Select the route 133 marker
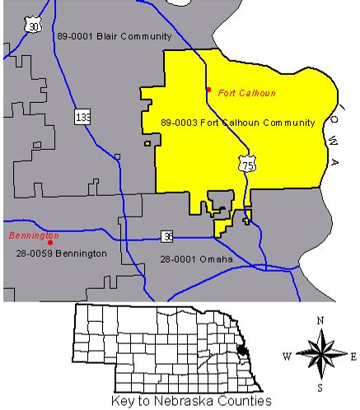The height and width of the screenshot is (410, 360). coord(83,117)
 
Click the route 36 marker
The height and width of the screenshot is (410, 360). coord(167,237)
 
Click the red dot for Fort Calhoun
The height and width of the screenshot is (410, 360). coord(208,89)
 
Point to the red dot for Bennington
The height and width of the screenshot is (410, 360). coord(50,243)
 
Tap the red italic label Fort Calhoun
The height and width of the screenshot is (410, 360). coord(247,93)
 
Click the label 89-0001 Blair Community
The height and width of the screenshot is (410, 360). coord(115,37)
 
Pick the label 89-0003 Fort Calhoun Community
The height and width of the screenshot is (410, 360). coord(239,123)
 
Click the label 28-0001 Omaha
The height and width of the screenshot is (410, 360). coord(196,259)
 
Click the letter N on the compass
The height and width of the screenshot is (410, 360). coord(320,320)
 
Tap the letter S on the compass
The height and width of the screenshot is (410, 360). coord(320,387)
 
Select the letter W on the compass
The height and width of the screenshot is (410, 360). coord(288,356)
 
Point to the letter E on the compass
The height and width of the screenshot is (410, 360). coord(353,356)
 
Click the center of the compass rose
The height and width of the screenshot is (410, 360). coord(320,355)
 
